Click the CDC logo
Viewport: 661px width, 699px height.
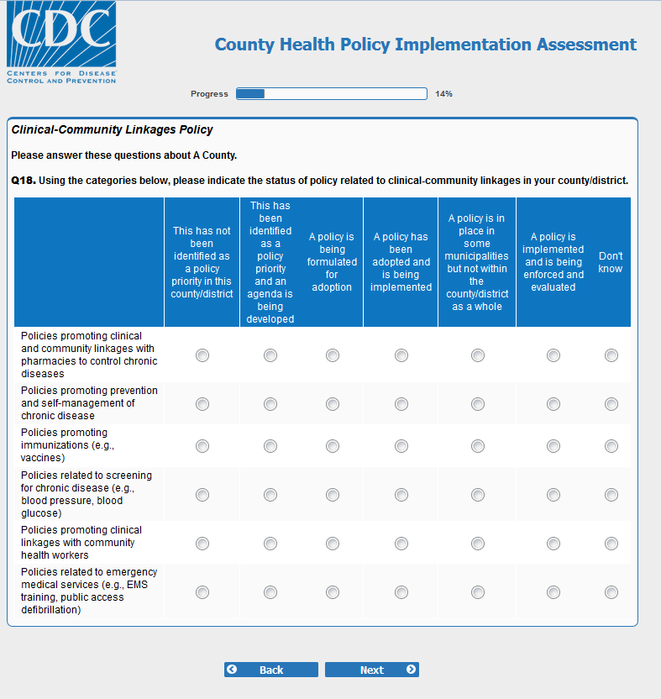click(61, 42)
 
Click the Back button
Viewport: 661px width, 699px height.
click(270, 670)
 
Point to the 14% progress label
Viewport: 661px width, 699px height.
click(443, 94)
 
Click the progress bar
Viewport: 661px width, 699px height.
click(332, 94)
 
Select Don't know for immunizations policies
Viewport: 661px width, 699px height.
click(611, 446)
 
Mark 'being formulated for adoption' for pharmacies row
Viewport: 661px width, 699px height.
click(333, 355)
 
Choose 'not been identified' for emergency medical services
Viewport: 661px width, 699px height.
click(202, 592)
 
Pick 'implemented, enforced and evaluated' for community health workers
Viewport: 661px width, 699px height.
click(553, 544)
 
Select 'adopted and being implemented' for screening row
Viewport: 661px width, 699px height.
click(401, 495)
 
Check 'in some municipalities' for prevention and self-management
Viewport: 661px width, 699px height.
click(478, 404)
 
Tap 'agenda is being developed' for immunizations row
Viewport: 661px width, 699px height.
click(270, 446)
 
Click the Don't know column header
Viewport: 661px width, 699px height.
click(611, 262)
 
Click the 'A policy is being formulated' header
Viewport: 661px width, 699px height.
click(332, 262)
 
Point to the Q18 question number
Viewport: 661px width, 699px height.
click(23, 181)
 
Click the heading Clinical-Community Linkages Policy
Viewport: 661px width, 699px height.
click(112, 130)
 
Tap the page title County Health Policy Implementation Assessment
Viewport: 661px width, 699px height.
click(426, 45)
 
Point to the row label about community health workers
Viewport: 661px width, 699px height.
click(81, 543)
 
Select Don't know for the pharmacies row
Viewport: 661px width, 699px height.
click(611, 355)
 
